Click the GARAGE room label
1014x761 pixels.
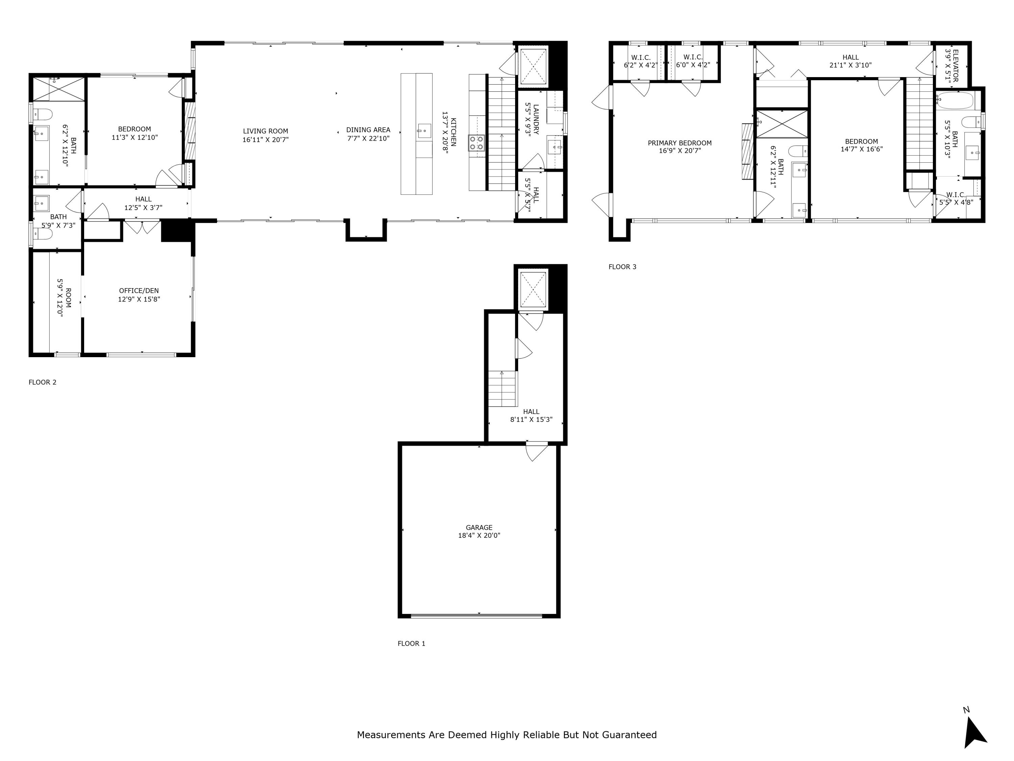pos(479,528)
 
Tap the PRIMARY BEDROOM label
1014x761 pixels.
pos(679,143)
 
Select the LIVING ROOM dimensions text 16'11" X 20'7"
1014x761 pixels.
pos(265,139)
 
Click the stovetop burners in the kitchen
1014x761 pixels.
pos(476,143)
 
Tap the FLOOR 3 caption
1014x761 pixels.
pos(622,267)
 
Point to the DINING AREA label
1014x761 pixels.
pos(368,130)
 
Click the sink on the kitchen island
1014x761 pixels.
pos(424,131)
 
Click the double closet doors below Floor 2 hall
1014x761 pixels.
pos(142,227)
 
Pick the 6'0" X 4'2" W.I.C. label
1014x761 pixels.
pos(693,61)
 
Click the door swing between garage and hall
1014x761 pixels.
pos(536,451)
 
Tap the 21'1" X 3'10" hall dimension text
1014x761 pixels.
pos(850,65)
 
